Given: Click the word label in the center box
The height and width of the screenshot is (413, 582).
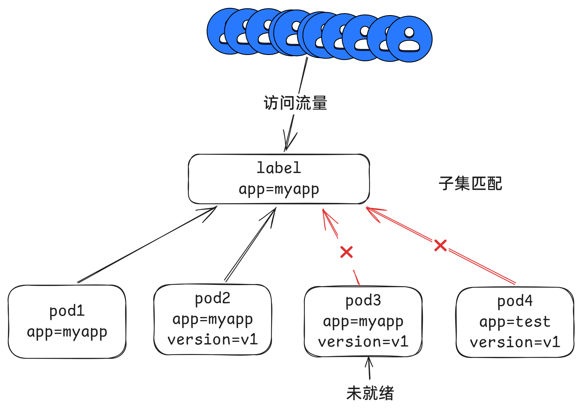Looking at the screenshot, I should (x=279, y=168).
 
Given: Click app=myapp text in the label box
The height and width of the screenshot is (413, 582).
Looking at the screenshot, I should (x=279, y=189).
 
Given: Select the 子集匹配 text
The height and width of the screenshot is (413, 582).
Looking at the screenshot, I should (x=470, y=184).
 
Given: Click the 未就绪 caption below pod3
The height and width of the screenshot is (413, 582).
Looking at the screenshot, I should (x=370, y=393).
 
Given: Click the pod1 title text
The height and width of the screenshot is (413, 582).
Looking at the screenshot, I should (x=67, y=311).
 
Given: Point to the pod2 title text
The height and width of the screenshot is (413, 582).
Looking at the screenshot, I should (x=212, y=298).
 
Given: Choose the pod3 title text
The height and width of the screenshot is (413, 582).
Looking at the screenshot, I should (x=363, y=301).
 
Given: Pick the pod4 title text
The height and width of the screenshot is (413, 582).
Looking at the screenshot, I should (x=515, y=301).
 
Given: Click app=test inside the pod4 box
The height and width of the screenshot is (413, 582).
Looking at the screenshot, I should (x=515, y=322).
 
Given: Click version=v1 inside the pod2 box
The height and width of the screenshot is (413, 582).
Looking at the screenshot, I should (x=212, y=340).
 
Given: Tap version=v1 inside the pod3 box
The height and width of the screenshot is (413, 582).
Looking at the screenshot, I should (x=363, y=342).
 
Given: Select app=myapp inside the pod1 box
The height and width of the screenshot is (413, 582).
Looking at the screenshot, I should (x=67, y=332).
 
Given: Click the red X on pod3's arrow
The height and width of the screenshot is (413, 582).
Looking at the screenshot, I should (x=346, y=252).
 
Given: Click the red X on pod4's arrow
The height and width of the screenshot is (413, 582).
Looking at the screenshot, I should (x=440, y=245).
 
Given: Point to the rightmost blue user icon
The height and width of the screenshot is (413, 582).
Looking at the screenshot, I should (x=409, y=39).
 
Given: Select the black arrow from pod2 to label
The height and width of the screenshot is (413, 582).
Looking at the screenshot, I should (x=250, y=245).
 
